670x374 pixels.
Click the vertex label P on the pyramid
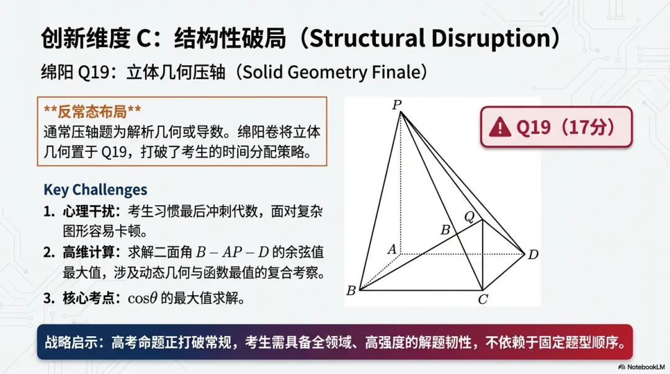click(396, 104)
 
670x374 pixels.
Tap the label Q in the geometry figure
click(470, 216)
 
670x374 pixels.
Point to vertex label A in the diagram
click(391, 249)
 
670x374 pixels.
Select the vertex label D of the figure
click(533, 254)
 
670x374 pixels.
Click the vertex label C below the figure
click(483, 300)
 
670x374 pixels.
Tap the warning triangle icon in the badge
click(500, 128)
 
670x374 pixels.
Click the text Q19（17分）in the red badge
click(565, 128)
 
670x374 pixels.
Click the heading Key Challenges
click(95, 190)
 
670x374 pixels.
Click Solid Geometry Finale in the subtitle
click(329, 73)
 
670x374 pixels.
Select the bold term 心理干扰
click(84, 211)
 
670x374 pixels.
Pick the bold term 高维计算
click(84, 252)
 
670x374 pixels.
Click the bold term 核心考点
click(84, 298)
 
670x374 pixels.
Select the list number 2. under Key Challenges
click(48, 252)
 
